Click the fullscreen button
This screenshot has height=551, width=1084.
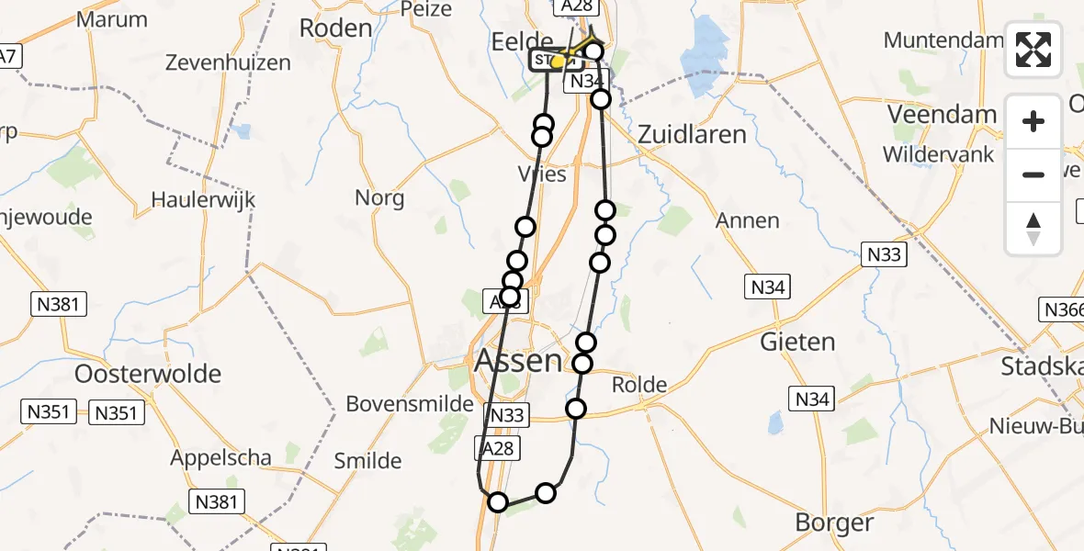(x=1033, y=50)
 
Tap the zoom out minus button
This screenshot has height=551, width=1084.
(x=1033, y=174)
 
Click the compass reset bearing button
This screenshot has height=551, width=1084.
(x=1033, y=228)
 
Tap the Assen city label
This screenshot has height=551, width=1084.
(x=517, y=360)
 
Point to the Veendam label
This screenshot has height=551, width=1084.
(x=942, y=115)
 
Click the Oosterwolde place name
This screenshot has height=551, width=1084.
(x=150, y=374)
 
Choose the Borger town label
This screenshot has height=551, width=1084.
(x=835, y=523)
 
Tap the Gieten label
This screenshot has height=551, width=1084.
(x=797, y=343)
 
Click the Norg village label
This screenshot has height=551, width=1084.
(x=379, y=197)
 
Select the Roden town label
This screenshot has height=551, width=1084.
(x=335, y=28)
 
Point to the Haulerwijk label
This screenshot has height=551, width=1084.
(x=203, y=199)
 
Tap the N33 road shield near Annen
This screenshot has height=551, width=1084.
(x=884, y=256)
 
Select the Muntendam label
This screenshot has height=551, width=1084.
(x=943, y=40)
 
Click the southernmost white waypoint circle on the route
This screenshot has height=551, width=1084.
(x=497, y=501)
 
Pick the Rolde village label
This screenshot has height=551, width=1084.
(x=638, y=384)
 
